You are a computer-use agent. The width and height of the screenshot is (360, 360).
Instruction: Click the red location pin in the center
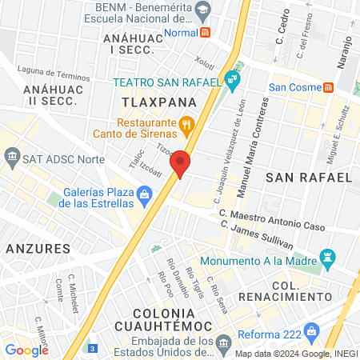[181, 163]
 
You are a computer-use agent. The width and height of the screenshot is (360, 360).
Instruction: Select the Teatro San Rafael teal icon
[232, 79]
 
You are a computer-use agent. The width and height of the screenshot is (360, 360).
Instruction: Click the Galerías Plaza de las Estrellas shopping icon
[144, 194]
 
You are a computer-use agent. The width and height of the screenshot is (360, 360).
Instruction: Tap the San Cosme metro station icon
[327, 86]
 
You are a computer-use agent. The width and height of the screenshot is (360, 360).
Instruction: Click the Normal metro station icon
[206, 33]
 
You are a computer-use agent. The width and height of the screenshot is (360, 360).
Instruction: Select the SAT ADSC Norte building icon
[11, 158]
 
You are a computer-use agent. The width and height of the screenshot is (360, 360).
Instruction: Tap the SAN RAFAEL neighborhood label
[308, 176]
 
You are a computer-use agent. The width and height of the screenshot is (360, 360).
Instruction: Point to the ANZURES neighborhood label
[38, 249]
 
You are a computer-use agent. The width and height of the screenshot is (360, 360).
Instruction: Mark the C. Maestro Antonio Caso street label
[272, 220]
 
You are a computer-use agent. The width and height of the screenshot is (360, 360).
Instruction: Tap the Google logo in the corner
[26, 350]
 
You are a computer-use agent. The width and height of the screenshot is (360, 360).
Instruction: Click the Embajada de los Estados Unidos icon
[223, 343]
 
